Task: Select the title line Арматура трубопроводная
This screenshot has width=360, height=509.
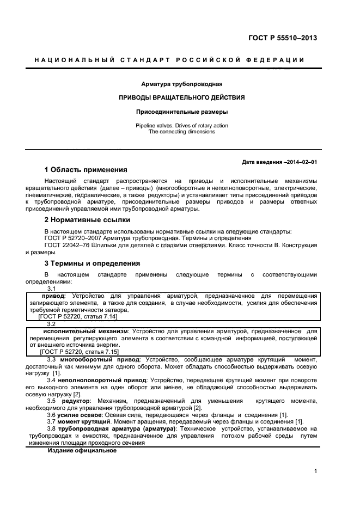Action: pyautogui.click(x=181, y=84)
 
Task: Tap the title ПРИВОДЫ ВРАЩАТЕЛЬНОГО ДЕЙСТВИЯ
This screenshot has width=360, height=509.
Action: pyautogui.click(x=181, y=98)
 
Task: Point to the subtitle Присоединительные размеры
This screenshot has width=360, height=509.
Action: pyautogui.click(x=181, y=112)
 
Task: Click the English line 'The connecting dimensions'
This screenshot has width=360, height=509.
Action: pyautogui.click(x=181, y=132)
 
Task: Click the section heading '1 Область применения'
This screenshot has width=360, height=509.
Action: pyautogui.click(x=86, y=170)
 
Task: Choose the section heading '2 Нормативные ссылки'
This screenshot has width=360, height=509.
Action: pyautogui.click(x=87, y=220)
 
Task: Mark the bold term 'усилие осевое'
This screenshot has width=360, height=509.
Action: pyautogui.click(x=83, y=415)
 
